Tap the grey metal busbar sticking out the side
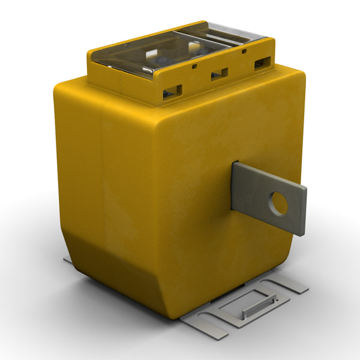click(267, 196)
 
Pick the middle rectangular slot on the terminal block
click(218, 74)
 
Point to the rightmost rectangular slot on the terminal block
click(262, 62)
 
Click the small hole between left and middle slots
click(195, 67)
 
